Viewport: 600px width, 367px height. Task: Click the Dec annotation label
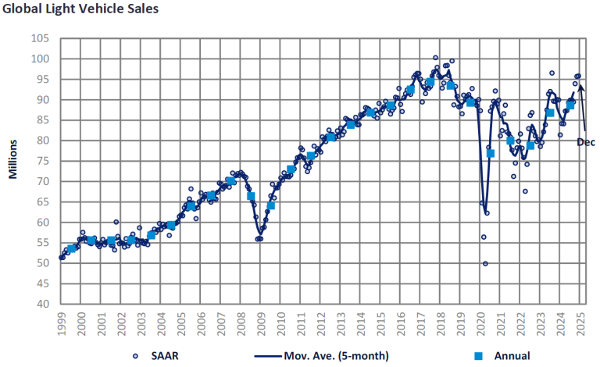point(586,142)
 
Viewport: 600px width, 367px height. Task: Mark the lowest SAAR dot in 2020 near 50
point(485,264)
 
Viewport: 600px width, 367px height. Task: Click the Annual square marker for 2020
point(491,153)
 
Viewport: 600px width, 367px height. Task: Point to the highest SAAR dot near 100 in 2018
point(436,58)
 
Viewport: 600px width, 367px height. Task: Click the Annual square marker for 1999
point(72,249)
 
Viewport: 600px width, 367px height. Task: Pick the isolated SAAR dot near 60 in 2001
point(116,223)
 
